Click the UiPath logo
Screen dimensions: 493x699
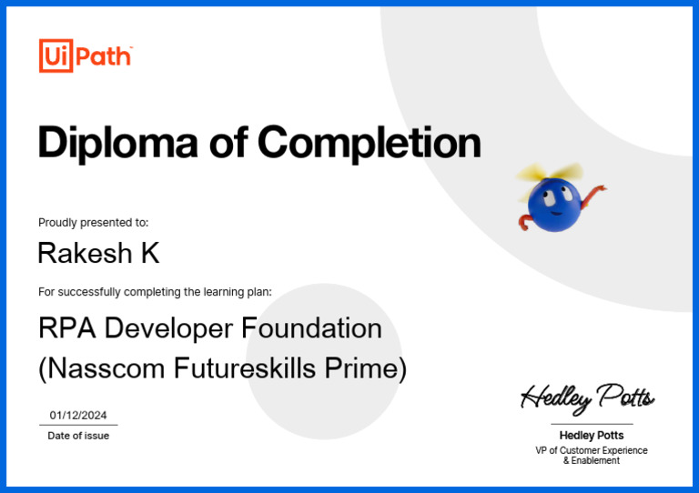(x=86, y=56)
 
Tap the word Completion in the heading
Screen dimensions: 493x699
(x=369, y=143)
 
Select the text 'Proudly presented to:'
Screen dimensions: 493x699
(x=93, y=222)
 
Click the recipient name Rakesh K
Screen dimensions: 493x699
(x=98, y=254)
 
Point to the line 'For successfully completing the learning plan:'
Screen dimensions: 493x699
(x=155, y=292)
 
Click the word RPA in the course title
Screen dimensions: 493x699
(x=64, y=327)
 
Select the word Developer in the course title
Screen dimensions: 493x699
(x=164, y=327)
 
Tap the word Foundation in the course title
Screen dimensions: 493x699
(x=312, y=327)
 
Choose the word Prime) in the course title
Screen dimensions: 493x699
(x=367, y=368)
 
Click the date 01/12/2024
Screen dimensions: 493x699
(x=78, y=415)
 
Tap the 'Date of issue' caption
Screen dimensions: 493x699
(x=78, y=436)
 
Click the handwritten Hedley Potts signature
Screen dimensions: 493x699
(x=587, y=397)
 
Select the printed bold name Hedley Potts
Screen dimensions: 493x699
(x=592, y=436)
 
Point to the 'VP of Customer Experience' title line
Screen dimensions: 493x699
(x=592, y=450)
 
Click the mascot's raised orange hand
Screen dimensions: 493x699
(x=600, y=189)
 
